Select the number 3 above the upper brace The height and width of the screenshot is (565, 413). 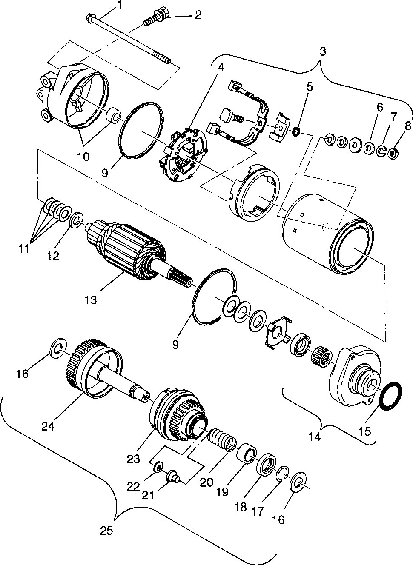point(323,52)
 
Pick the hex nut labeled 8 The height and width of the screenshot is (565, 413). point(394,151)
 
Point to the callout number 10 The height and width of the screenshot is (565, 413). point(84,157)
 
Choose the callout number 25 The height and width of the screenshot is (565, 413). point(106,531)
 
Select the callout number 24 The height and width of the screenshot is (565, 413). point(48,425)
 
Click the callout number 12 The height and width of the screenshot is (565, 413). point(53,256)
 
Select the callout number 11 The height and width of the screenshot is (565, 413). point(24,249)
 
